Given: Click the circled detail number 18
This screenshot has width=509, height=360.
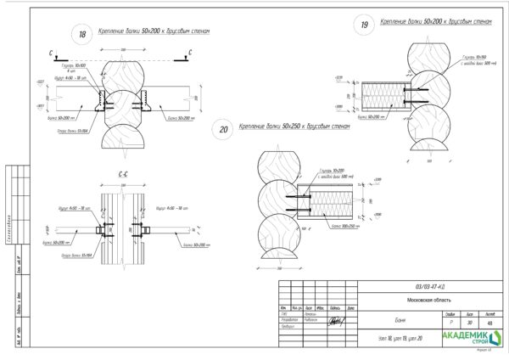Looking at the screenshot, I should pos(82,35).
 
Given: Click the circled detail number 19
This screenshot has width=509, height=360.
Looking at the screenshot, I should pos(366,26).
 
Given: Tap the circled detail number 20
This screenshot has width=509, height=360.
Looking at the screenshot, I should pos(224,130).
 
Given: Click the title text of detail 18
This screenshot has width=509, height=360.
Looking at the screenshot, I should pos(153,31).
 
